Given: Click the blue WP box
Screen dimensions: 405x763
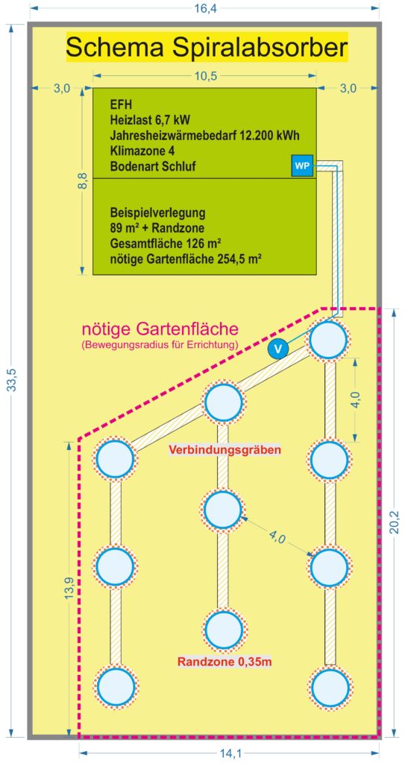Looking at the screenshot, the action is pos(301,166).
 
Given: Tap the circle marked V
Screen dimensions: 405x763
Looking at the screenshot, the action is pos(277,349).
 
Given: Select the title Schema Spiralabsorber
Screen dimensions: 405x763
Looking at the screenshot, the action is pos(207,48).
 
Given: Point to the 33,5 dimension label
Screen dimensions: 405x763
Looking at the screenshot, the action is pos(13,379).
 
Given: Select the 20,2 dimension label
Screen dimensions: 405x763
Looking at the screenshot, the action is pos(395,522).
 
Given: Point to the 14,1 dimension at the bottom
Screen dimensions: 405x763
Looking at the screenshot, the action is pos(230,754).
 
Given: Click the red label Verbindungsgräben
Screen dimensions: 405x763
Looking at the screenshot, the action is pos(225,450).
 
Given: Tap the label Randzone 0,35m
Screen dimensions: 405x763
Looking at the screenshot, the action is pos(225,662).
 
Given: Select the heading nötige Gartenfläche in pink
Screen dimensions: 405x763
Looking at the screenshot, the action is pos(160,329).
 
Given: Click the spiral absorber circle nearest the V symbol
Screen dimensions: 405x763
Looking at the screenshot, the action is pos(329,339).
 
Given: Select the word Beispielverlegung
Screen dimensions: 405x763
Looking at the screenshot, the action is pos(158,213).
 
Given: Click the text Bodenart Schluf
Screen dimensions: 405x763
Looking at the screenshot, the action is pos(153,166).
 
